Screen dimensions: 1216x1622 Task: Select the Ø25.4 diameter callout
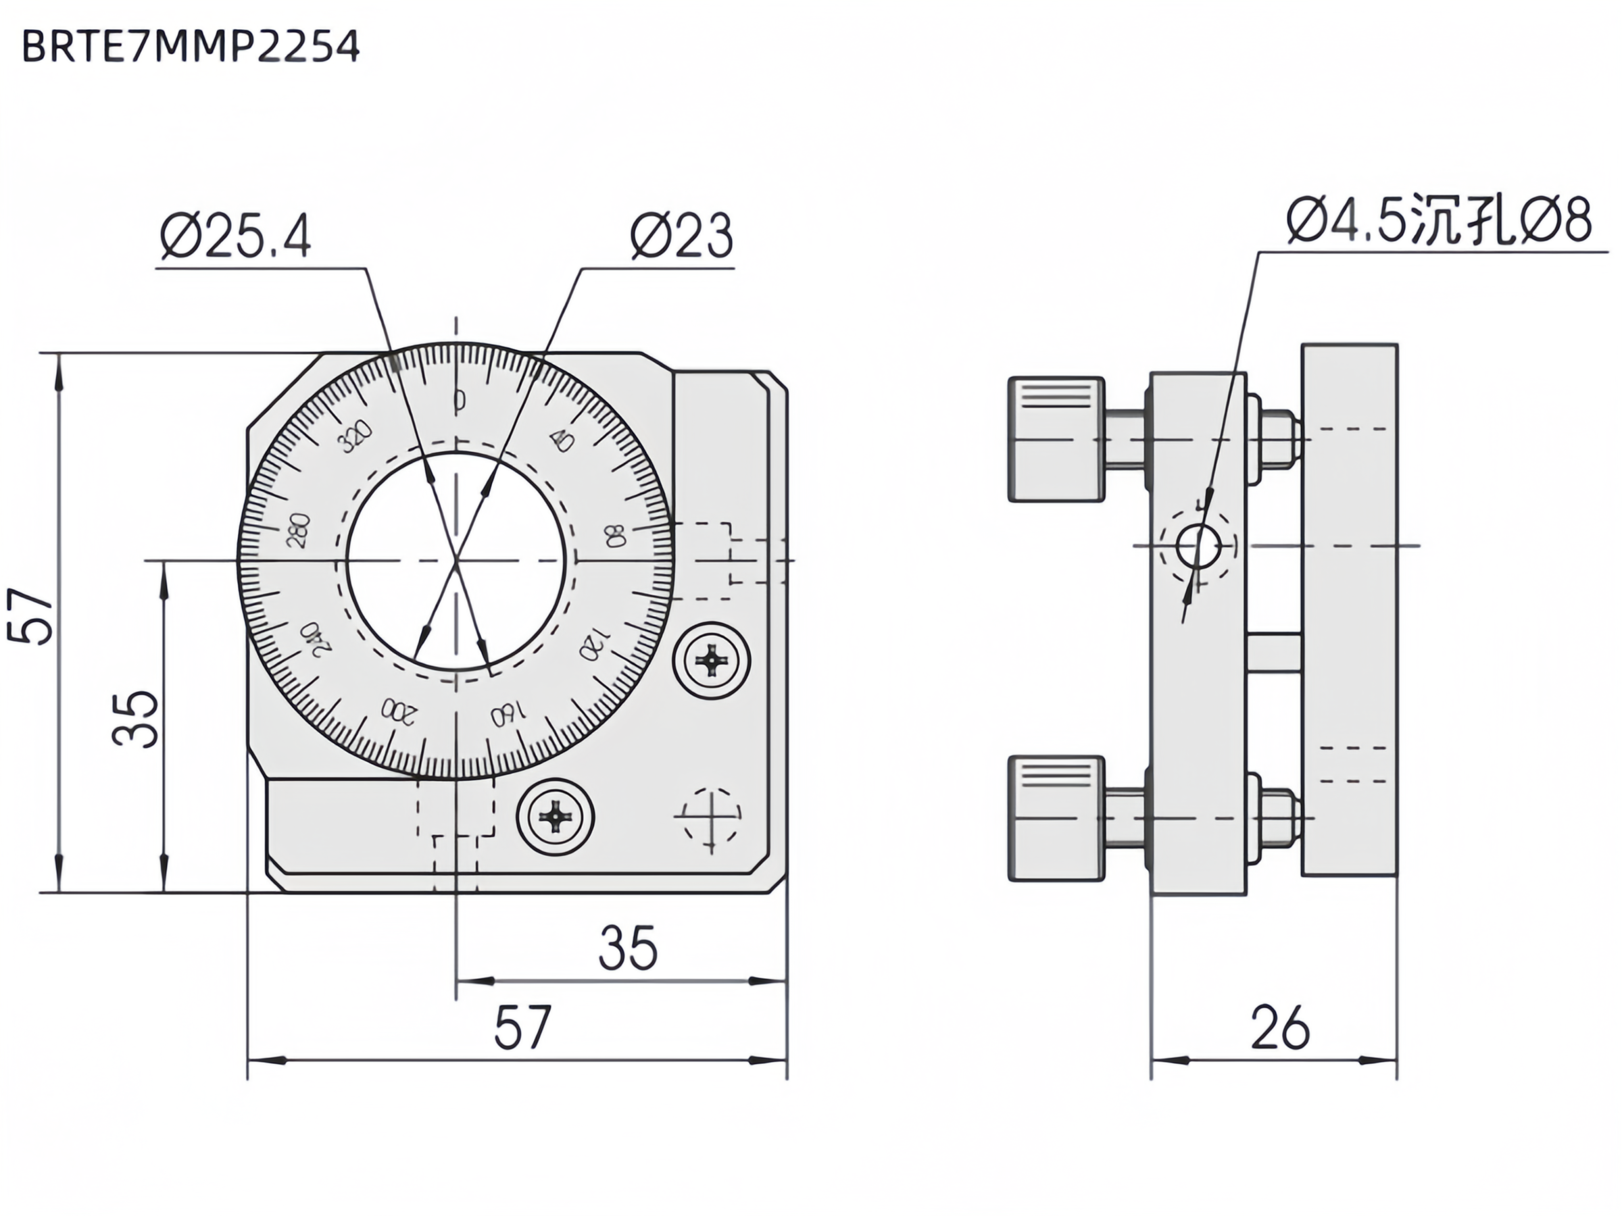tap(236, 236)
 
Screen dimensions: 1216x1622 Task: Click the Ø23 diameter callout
tap(681, 236)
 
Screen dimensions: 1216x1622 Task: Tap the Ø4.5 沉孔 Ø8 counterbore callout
tap(1439, 219)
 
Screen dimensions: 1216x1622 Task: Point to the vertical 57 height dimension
tap(31, 615)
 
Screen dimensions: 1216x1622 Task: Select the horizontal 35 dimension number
tap(628, 948)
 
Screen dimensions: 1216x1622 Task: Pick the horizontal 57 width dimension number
tap(522, 1028)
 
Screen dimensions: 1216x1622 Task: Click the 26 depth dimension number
tap(1279, 1028)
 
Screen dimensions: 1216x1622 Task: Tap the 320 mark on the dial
tap(355, 437)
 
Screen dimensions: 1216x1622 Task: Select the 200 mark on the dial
tap(398, 710)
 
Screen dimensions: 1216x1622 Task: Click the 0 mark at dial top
tap(459, 400)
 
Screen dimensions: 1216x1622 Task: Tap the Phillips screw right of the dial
tap(711, 661)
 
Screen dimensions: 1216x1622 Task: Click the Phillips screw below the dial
tap(555, 816)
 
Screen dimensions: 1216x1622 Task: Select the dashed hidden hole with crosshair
tap(710, 815)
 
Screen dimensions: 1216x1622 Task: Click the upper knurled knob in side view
tap(1056, 439)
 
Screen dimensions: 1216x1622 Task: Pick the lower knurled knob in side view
tap(1056, 817)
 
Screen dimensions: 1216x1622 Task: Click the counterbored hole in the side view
tap(1198, 546)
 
